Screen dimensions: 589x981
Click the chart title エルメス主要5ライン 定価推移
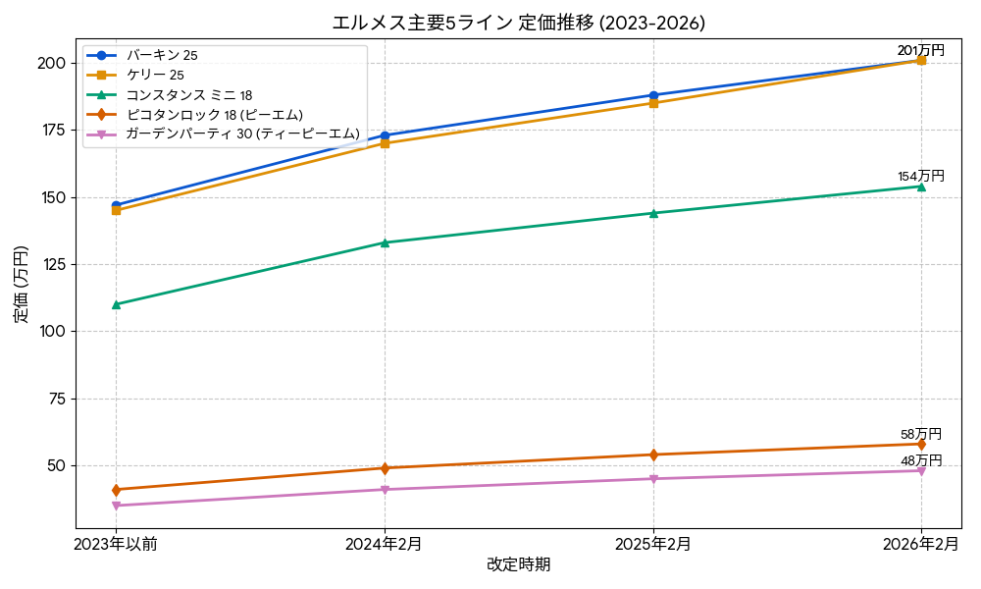518,23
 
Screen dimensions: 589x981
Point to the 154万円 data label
921,177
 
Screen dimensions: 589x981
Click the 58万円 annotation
921,434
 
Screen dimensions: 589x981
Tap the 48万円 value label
921,460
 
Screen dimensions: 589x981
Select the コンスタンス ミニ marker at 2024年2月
385,242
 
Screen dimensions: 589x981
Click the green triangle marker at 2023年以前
116,304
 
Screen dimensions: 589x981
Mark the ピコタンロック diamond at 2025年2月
653,455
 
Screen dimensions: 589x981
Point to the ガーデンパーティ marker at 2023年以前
116,506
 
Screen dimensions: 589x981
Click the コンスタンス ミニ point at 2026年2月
921,187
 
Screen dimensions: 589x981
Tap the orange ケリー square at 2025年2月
653,103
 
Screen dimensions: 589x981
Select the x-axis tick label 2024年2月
385,545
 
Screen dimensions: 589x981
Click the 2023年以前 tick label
116,545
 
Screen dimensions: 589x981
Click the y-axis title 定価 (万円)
22,285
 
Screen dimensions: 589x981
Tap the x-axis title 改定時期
518,565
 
